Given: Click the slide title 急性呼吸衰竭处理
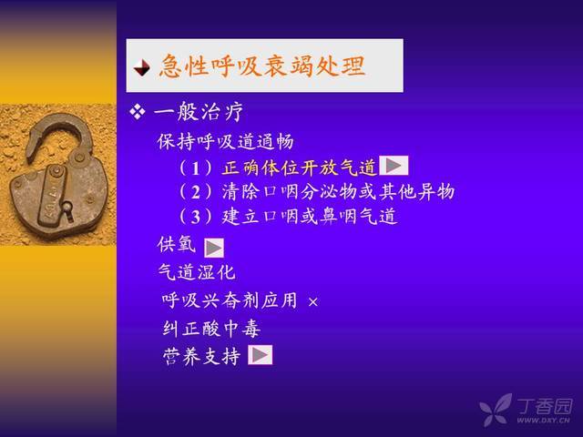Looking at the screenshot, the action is tap(262, 66).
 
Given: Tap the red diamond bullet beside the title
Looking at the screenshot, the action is tap(141, 67).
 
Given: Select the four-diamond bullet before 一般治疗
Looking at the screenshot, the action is tap(138, 112).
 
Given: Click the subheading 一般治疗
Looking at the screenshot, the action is tap(199, 112).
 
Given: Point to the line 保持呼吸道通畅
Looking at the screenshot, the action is tap(225, 142).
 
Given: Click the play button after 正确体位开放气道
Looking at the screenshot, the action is tap(394, 166).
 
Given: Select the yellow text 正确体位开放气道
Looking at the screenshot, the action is tap(300, 168).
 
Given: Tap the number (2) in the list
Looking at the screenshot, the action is tap(196, 192).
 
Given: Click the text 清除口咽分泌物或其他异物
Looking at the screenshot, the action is tap(338, 192).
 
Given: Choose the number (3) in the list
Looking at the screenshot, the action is tap(196, 217).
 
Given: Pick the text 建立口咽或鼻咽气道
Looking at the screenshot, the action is tap(310, 217).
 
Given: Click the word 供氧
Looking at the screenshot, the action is tap(176, 245).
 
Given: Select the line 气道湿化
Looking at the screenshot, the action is tap(197, 272).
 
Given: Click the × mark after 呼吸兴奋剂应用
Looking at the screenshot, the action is tap(313, 301).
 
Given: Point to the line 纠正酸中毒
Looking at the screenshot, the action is tap(211, 329).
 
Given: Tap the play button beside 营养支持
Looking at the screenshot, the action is tap(261, 355).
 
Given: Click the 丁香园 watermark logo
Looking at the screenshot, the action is tap(526, 410).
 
